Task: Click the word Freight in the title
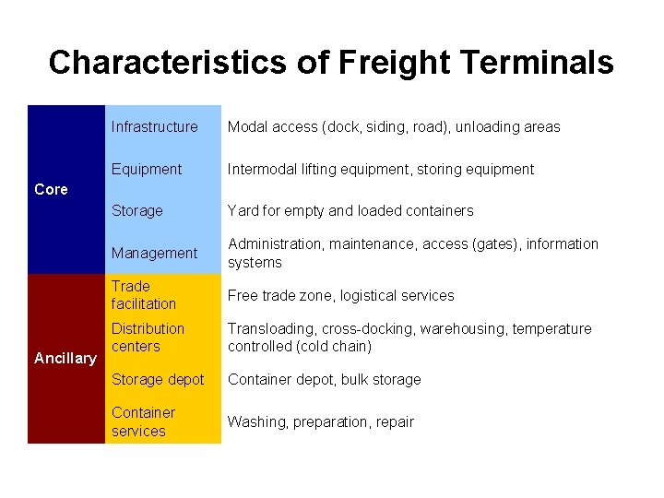coord(394,63)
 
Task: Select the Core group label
coord(51,189)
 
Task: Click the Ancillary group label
coord(65,358)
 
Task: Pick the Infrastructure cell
coord(154,127)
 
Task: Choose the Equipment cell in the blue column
coord(147,170)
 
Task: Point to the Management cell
coord(154,254)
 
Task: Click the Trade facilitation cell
coord(144,295)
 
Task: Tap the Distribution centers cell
coord(148,338)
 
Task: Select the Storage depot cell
coord(158,380)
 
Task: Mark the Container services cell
coord(143,421)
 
